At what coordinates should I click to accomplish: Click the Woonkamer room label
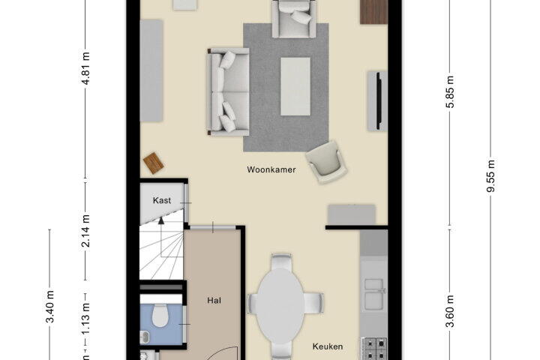click(x=271, y=169)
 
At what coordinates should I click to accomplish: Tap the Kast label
click(x=162, y=200)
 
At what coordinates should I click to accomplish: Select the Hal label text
click(x=214, y=301)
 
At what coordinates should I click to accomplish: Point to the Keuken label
click(x=328, y=346)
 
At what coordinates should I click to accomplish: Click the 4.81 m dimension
click(x=85, y=68)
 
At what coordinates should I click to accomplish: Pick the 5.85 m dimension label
click(x=450, y=91)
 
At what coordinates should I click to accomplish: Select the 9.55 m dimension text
click(x=490, y=175)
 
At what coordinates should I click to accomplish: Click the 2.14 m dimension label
click(x=85, y=231)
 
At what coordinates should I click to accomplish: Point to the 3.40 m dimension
click(x=50, y=307)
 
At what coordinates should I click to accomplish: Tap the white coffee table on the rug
click(x=295, y=86)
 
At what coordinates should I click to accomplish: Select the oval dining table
click(x=280, y=306)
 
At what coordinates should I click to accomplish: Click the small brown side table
click(x=154, y=163)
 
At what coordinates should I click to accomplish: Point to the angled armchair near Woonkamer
click(x=326, y=161)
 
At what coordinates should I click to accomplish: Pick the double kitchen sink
click(x=374, y=294)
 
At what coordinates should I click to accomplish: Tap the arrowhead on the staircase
click(x=161, y=220)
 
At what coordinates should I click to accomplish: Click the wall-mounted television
click(x=378, y=101)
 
